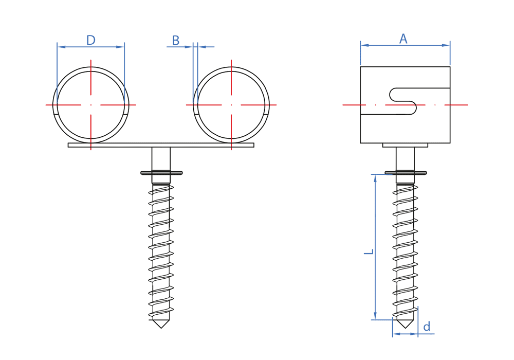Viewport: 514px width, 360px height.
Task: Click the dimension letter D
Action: click(x=91, y=40)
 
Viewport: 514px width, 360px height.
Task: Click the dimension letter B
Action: click(x=176, y=41)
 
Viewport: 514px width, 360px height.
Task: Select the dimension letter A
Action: click(x=403, y=39)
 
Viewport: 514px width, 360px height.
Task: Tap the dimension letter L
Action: click(x=369, y=252)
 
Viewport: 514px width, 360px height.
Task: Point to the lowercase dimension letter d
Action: click(x=427, y=327)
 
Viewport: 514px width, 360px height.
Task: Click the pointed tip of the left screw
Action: click(x=161, y=328)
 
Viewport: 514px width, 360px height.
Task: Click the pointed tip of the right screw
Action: click(x=405, y=328)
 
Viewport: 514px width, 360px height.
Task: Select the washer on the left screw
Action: click(x=161, y=173)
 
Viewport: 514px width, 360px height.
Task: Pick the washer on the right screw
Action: click(x=406, y=173)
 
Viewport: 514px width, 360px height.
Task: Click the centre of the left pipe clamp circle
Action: click(x=91, y=105)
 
